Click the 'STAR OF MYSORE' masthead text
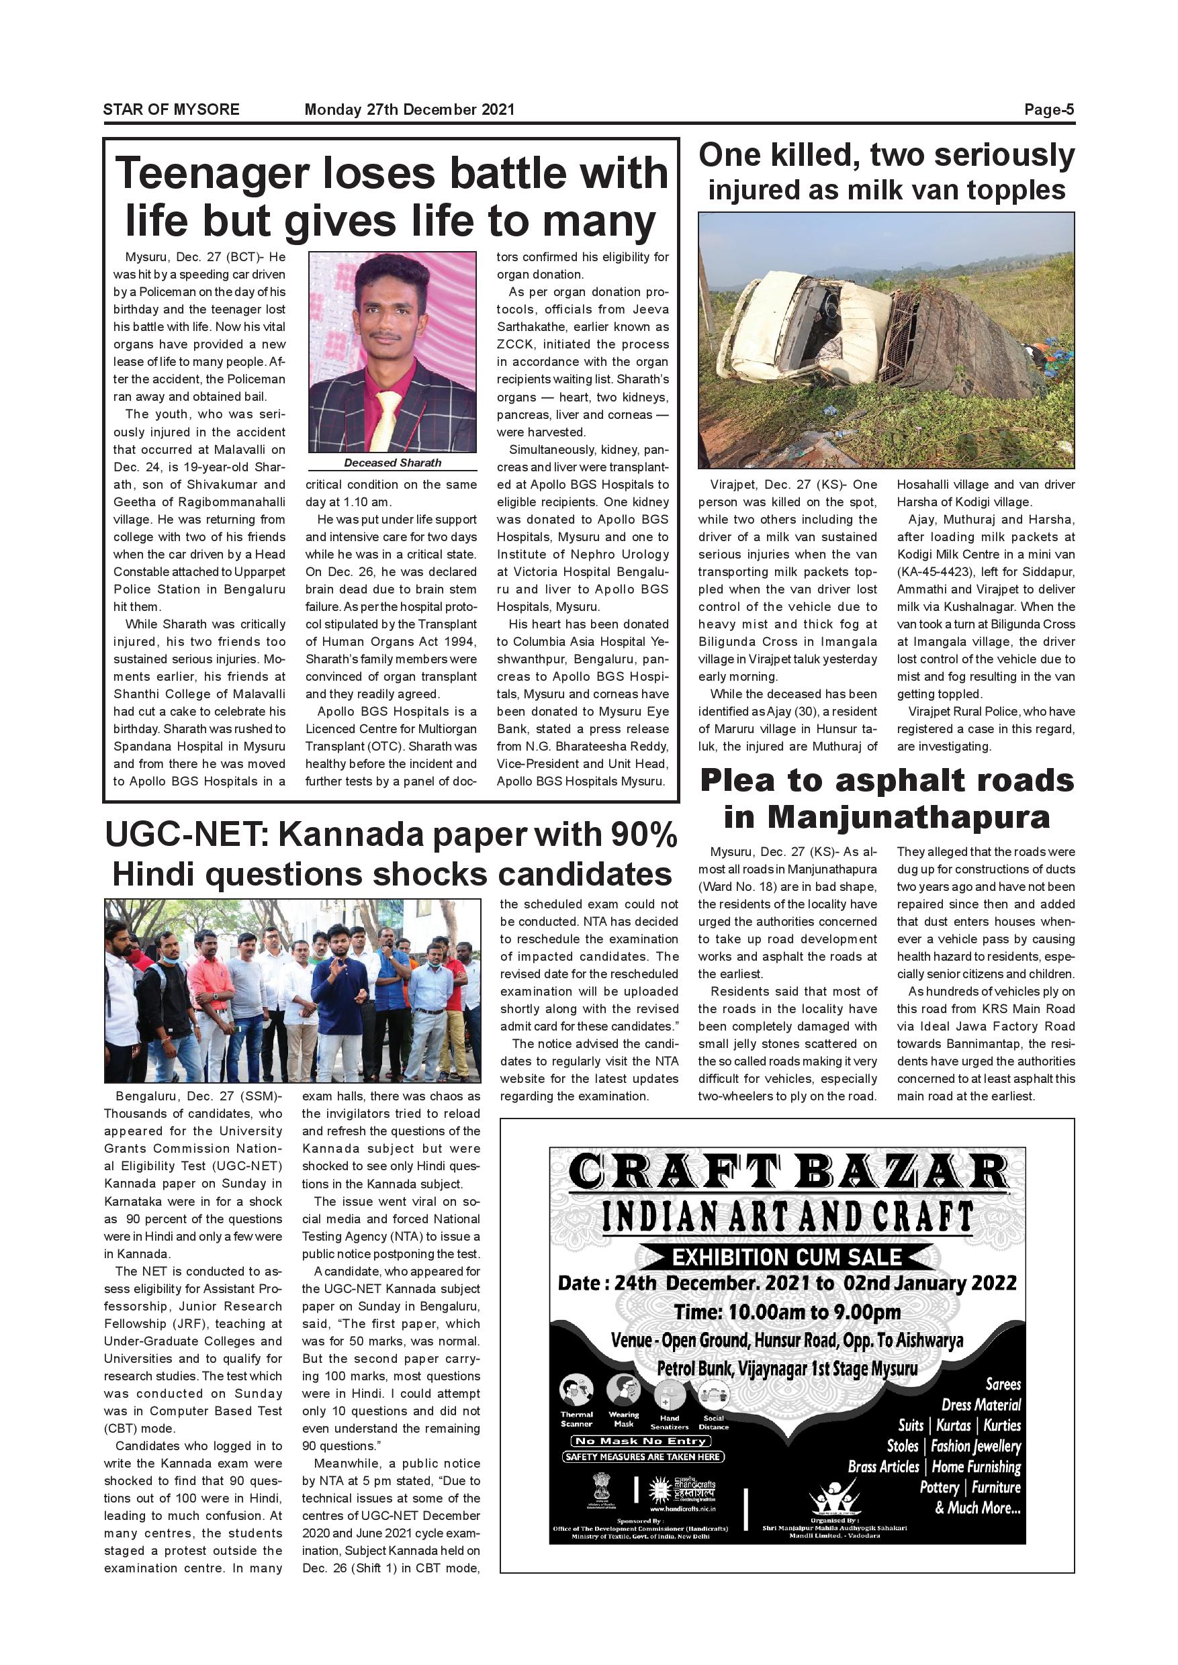click(171, 109)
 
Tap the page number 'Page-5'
click(1048, 109)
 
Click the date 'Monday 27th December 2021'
click(409, 109)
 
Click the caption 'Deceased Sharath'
click(392, 463)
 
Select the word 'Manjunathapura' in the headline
click(908, 817)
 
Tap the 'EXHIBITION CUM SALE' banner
click(787, 1257)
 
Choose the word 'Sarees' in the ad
click(1003, 1384)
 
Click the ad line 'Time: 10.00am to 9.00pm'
click(787, 1312)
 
